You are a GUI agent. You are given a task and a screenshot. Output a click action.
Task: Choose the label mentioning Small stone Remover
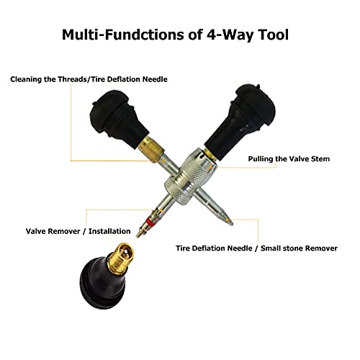tap(256, 248)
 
